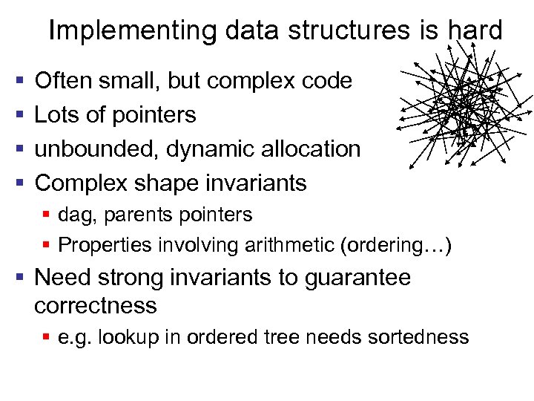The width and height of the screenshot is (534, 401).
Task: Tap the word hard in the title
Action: pos(475,30)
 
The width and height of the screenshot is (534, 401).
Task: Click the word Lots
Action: pos(57,114)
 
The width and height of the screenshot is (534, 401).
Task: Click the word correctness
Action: pos(96,305)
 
